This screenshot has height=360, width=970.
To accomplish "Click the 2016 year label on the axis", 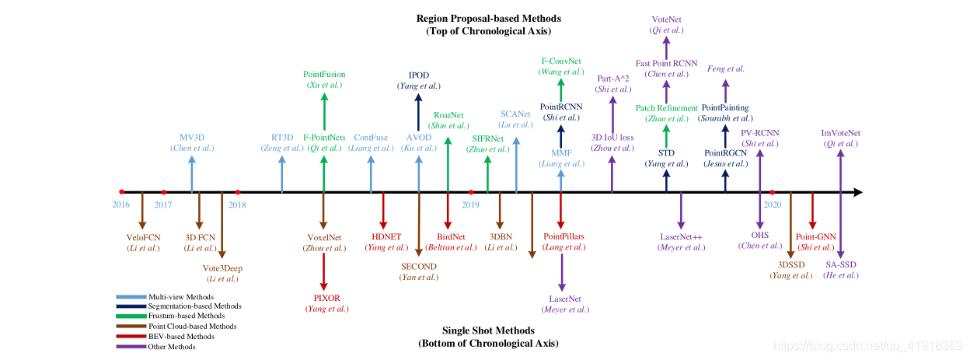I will coord(120,204).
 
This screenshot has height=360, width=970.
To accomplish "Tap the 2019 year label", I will coord(470,204).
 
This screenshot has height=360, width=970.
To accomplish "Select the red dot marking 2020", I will coord(772,192).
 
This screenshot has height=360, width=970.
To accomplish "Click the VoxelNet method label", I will coord(324,237).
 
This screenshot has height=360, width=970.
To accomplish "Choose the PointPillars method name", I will coord(564,236).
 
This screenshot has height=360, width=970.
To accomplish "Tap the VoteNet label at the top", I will coord(666,19).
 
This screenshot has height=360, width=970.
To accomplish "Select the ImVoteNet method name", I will coord(841,133).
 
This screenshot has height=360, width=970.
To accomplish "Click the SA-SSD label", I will coord(842,264).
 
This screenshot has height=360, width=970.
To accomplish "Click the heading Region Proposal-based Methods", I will coord(488,19).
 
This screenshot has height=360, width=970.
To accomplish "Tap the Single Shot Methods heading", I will coord(488,330).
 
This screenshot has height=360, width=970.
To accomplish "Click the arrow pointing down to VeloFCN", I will coord(142,210).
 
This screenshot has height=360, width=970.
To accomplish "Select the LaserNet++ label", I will coord(682,236).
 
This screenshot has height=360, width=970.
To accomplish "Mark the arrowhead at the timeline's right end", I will coord(858,192).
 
